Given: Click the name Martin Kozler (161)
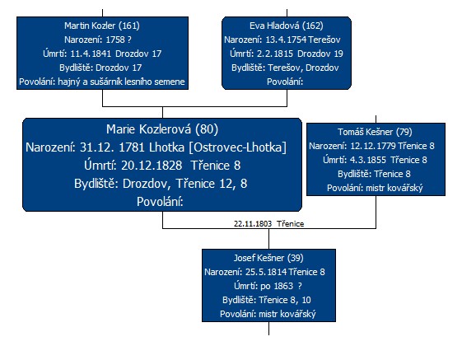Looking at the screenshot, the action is [x=102, y=26].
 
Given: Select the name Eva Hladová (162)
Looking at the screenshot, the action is [x=287, y=26].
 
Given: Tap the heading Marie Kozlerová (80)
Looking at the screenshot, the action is [x=162, y=129].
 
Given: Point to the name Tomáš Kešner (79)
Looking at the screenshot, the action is [x=375, y=132].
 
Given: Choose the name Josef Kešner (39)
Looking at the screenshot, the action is [x=268, y=258].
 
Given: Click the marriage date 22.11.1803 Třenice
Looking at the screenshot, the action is [x=268, y=224].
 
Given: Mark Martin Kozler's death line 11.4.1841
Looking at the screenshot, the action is [x=102, y=54].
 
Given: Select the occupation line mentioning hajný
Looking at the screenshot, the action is [x=102, y=82].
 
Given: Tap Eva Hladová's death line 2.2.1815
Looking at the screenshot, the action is [x=287, y=54].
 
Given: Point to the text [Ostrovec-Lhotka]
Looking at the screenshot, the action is [x=237, y=147].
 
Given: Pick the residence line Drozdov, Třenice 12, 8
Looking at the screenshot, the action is [x=161, y=184].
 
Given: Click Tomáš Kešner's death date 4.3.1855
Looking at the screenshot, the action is [x=368, y=160].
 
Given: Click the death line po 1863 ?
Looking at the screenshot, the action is [x=268, y=286].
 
